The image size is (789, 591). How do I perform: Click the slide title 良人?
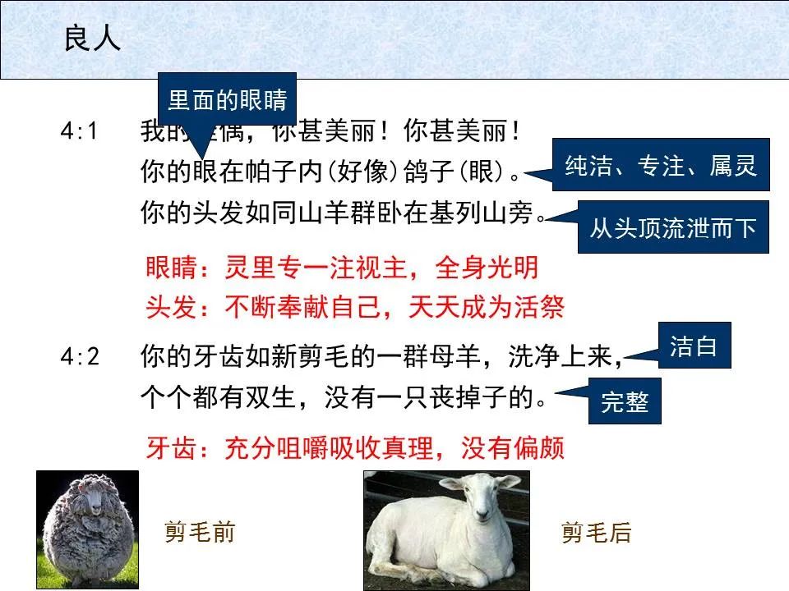point(92,39)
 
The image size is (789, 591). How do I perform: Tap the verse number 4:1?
point(80,131)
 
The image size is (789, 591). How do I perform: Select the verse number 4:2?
point(80,358)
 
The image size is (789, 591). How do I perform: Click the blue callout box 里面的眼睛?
point(227,101)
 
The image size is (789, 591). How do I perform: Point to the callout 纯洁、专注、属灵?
point(661,165)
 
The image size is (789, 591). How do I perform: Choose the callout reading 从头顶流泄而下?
point(672,227)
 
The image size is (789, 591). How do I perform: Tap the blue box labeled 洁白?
point(694,346)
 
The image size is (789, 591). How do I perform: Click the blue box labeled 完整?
point(625,401)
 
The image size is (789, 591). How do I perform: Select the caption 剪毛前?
point(200,533)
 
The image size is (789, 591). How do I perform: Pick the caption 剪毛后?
point(596,533)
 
